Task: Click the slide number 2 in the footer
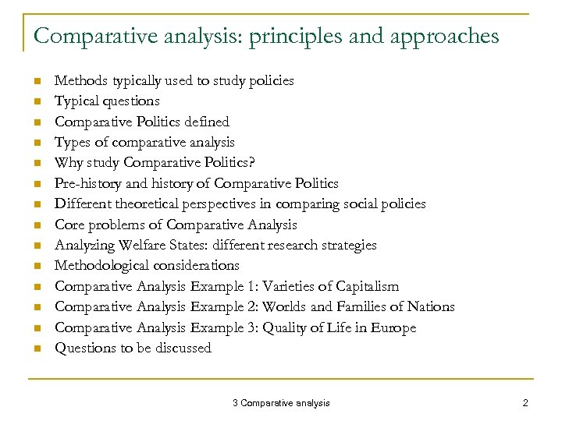(x=525, y=402)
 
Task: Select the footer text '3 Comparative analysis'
(x=281, y=402)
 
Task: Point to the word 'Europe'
(x=393, y=327)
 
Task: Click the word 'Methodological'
(x=101, y=266)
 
